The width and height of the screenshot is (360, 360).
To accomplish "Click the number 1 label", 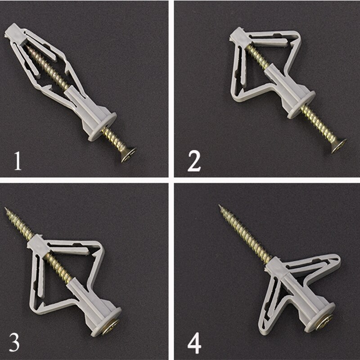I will [17, 161].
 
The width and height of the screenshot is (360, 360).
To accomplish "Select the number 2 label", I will [194, 161].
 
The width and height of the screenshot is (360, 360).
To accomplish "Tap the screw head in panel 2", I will [338, 145].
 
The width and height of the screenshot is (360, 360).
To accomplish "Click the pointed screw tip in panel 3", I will [7, 209].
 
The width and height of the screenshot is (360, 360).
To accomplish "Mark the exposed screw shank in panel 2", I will [320, 127].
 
